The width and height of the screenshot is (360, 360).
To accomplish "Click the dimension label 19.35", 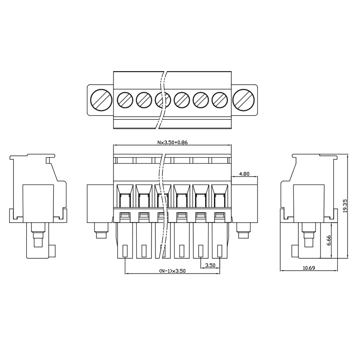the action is click(x=345, y=206).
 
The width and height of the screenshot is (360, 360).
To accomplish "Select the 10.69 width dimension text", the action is click(x=309, y=268).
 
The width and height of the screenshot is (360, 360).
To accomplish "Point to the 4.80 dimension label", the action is click(x=244, y=174).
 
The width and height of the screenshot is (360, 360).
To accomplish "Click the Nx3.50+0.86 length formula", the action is click(x=172, y=142).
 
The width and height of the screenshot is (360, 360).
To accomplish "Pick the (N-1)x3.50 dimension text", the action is click(x=172, y=271).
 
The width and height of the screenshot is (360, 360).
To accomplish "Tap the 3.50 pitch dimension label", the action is click(x=210, y=265).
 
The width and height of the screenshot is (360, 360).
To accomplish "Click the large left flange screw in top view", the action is click(x=101, y=100).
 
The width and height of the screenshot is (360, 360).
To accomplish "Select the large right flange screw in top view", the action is click(x=244, y=100).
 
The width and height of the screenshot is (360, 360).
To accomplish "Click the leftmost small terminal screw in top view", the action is click(x=125, y=100).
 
